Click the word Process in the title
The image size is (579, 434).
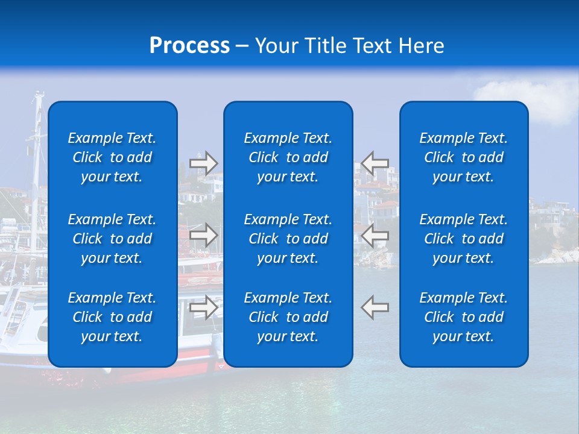(x=189, y=46)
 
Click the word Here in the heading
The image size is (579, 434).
(x=420, y=46)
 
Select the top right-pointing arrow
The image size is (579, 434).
(x=204, y=163)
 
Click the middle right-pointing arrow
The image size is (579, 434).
(x=204, y=235)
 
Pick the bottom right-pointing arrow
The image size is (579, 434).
(x=204, y=307)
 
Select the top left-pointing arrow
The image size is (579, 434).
(x=375, y=163)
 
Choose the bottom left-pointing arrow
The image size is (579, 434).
(x=375, y=307)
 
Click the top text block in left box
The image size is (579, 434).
(x=112, y=157)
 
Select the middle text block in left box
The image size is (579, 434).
(x=112, y=239)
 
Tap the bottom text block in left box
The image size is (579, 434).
(x=112, y=317)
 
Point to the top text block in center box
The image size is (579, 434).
(x=288, y=157)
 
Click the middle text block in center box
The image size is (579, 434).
(x=288, y=239)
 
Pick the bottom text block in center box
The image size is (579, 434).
(x=288, y=317)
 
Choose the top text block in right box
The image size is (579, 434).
(x=463, y=157)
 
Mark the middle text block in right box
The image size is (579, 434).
(x=463, y=239)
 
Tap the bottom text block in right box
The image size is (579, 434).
(x=463, y=317)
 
